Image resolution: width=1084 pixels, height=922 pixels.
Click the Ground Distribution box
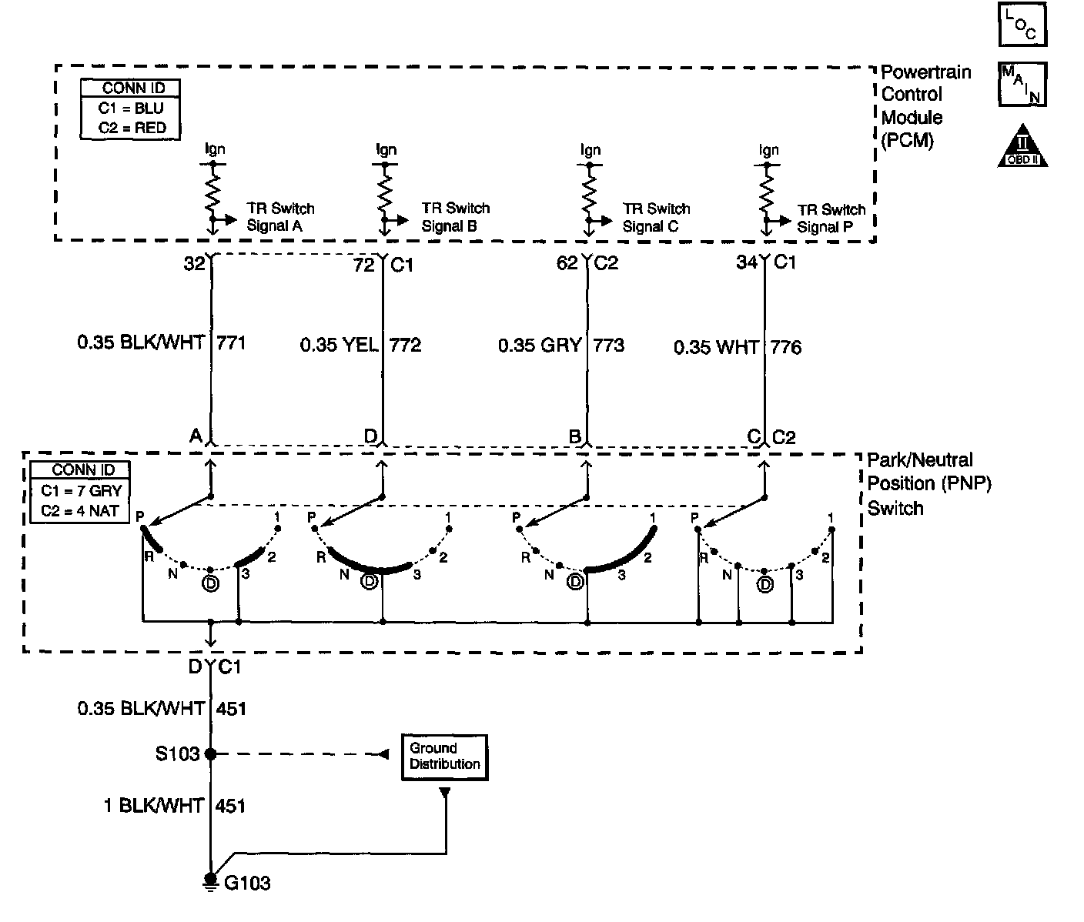coord(444,757)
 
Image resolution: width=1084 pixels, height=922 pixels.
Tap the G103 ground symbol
coord(210,880)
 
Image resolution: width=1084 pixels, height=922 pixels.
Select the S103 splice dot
coord(210,754)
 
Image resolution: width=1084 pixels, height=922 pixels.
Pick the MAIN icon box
coord(1022,83)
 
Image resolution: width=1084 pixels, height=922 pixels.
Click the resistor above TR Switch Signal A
coord(212,192)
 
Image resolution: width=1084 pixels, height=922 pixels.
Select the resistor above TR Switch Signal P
coord(766,192)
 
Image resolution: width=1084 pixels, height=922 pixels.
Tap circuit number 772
coord(405,345)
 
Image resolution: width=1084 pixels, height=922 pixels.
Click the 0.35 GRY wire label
coord(539,345)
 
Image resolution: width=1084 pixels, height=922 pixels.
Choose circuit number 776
coord(785,347)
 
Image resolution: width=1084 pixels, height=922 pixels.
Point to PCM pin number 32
coord(194,263)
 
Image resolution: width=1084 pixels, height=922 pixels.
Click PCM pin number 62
coord(567,263)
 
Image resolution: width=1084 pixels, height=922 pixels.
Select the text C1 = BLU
coord(131,109)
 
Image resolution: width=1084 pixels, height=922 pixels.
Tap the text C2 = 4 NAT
coord(79,509)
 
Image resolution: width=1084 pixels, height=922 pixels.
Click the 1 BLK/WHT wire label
coord(154,806)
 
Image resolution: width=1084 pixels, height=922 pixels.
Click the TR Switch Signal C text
coord(656,217)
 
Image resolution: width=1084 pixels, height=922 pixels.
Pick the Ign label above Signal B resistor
coord(386,149)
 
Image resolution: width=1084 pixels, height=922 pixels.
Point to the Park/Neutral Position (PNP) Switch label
coord(929,483)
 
